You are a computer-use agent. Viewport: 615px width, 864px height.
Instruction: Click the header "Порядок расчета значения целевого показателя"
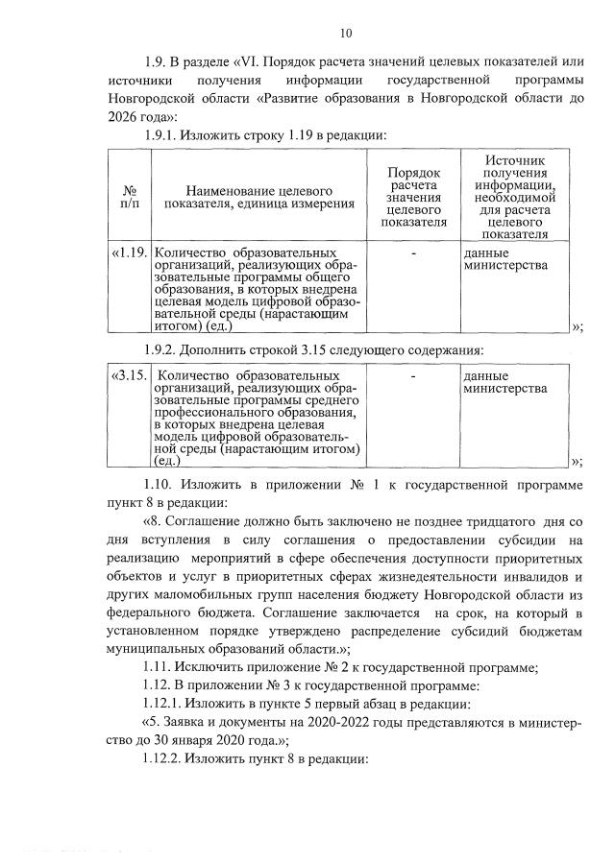pos(413,196)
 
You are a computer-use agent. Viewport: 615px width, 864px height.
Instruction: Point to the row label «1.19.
pos(129,252)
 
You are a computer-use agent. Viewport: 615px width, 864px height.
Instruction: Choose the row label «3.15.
pos(129,375)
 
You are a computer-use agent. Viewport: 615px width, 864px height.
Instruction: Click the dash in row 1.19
pos(413,252)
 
